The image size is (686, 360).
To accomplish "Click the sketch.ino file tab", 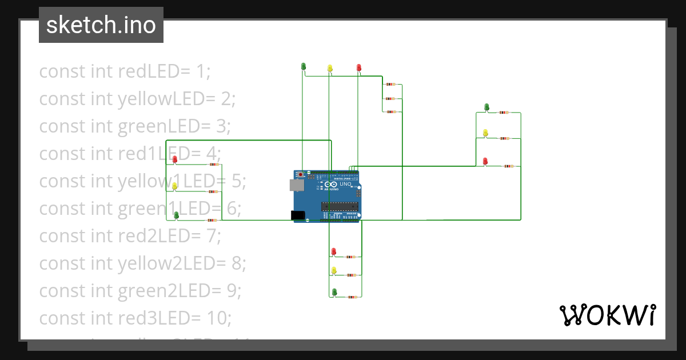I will coord(101,25).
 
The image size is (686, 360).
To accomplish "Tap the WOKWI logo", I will coord(607,315).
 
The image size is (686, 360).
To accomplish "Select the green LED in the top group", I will coord(304,67).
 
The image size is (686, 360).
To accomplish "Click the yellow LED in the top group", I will coord(330,68).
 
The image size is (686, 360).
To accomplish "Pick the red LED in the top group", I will coord(359,68).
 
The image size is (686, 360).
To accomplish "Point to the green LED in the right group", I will coord(486,107).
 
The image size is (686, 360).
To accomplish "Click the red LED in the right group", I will coord(485,162).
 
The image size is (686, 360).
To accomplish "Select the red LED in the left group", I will coord(175,159).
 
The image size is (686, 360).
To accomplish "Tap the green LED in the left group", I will coord(176,215).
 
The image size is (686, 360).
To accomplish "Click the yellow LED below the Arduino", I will coord(334,270).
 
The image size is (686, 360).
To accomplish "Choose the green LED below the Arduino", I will coord(334,292).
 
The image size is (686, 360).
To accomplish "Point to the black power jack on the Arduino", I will coord(298,215).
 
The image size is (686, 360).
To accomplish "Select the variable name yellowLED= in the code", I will coord(169,99).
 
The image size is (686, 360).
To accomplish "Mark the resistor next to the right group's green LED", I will coord(503,113).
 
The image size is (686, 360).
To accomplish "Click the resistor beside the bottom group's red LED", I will coord(352,257).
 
